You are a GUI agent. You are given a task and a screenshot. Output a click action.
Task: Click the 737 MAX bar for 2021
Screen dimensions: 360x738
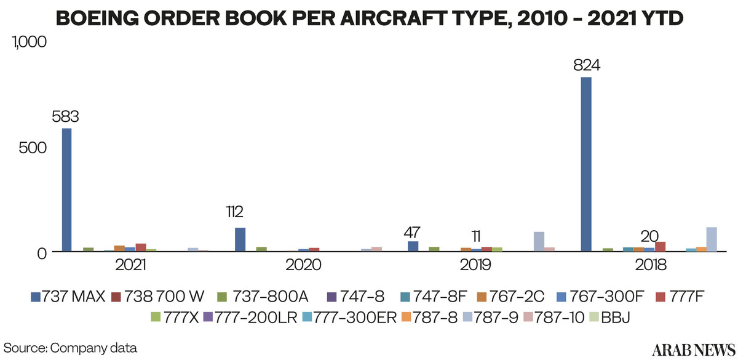pyautogui.click(x=66, y=190)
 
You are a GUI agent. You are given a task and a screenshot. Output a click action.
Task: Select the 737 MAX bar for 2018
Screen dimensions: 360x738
pyautogui.click(x=586, y=164)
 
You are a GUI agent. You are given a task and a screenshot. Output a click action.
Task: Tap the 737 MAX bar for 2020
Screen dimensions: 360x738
pyautogui.click(x=240, y=239)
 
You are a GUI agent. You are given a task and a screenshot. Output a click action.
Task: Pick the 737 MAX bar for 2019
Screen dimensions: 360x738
pyautogui.click(x=413, y=246)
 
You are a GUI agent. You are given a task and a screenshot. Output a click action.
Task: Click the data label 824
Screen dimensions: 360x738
pyautogui.click(x=586, y=65)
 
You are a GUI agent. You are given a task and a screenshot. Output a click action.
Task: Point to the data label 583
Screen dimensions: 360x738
pyautogui.click(x=66, y=116)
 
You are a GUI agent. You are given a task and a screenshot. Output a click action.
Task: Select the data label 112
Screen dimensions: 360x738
pyautogui.click(x=235, y=212)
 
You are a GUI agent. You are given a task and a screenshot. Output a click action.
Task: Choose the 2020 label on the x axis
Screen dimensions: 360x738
pyautogui.click(x=303, y=266)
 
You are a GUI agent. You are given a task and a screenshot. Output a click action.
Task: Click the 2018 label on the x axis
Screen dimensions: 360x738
pyautogui.click(x=651, y=266)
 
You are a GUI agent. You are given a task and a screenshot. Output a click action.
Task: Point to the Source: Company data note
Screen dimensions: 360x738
pyautogui.click(x=70, y=347)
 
